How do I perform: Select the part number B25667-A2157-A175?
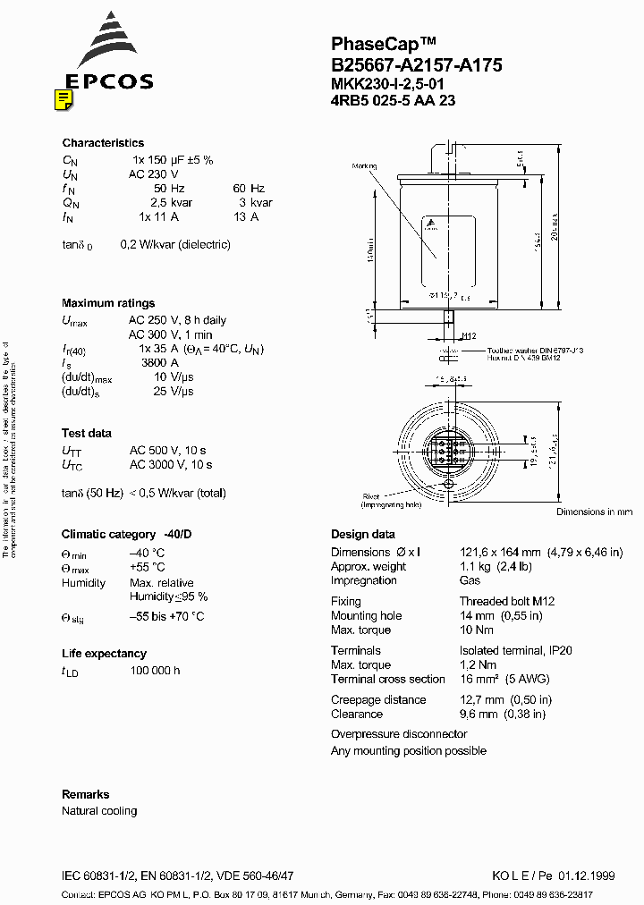(416, 64)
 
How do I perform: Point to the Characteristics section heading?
(103, 143)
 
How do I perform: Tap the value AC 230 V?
(154, 174)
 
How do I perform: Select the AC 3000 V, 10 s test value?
(171, 465)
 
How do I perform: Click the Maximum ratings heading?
(108, 303)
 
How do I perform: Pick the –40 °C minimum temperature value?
(147, 553)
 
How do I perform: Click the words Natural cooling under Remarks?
(99, 811)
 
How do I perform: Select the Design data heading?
(363, 535)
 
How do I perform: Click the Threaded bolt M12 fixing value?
(507, 602)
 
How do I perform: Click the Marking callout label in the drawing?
(365, 166)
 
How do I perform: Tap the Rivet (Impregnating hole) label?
(371, 501)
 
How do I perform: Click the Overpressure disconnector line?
(399, 734)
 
